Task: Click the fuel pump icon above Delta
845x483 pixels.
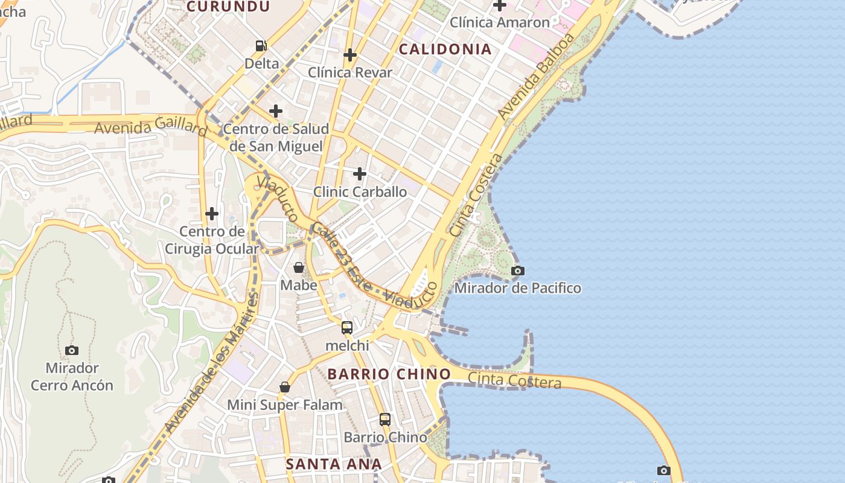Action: [x=261, y=45]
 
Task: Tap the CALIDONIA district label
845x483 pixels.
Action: [x=445, y=50]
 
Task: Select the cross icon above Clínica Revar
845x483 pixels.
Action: [x=350, y=55]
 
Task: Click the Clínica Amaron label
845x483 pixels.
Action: [x=500, y=22]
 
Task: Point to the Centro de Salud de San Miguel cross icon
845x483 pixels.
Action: [x=276, y=111]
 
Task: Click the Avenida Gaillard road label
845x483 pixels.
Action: [x=151, y=127]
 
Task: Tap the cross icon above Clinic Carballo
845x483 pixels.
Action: [x=360, y=174]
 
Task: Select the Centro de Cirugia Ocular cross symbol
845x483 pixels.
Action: [x=212, y=214]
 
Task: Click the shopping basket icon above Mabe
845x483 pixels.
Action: [x=299, y=267]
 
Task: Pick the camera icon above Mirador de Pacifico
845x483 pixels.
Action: [x=518, y=270]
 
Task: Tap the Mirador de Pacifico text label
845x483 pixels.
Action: [x=518, y=288]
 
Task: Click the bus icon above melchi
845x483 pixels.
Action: [x=347, y=328]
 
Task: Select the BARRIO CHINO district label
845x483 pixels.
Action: [x=389, y=374]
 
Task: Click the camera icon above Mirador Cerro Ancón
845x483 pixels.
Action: [x=72, y=350]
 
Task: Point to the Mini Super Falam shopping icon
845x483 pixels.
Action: [x=285, y=387]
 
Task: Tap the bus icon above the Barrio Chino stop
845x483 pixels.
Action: [x=385, y=419]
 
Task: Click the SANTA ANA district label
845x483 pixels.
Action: [x=334, y=464]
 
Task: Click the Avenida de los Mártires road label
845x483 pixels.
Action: [x=211, y=362]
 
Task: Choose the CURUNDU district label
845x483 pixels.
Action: [x=228, y=7]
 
